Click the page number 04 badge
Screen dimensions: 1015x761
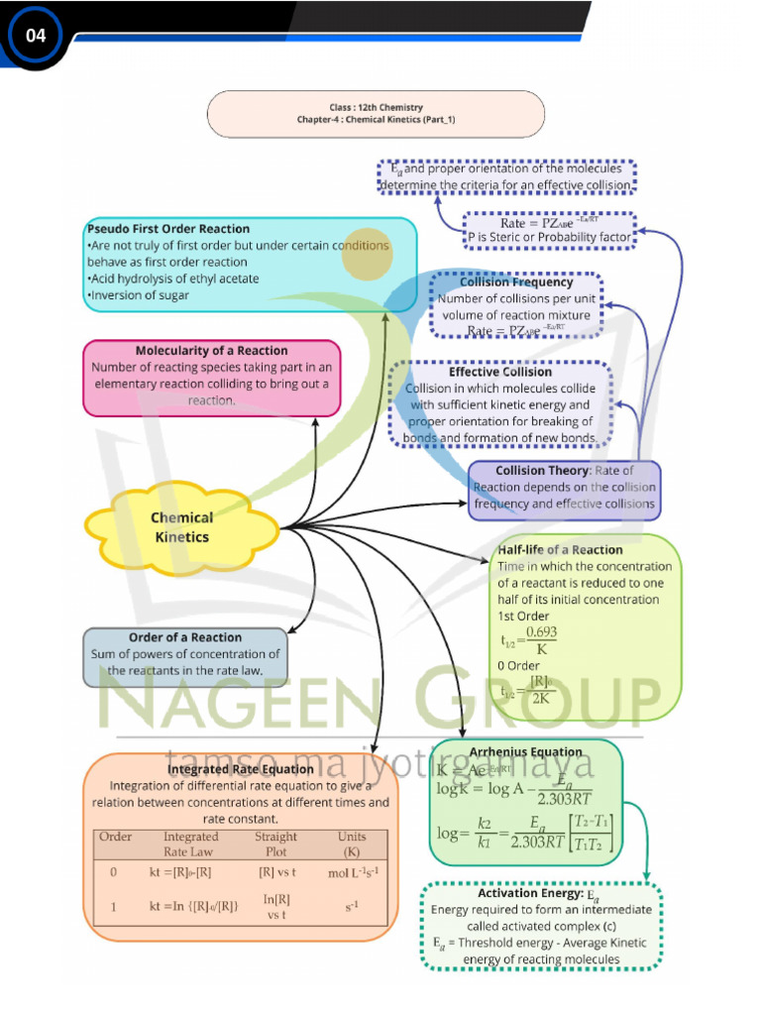coord(36,36)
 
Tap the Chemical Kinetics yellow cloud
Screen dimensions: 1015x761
coord(182,526)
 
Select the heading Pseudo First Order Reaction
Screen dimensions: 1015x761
coord(168,229)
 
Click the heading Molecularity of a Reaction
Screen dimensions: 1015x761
coord(211,350)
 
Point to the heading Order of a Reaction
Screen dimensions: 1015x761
coord(185,637)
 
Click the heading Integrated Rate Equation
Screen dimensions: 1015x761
coord(240,768)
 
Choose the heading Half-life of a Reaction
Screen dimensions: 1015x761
coord(560,549)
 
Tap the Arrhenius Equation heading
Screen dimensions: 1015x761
coord(525,751)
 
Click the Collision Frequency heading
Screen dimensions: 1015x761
coord(516,282)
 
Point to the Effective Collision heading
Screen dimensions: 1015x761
coord(500,372)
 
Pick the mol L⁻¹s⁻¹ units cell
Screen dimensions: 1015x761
coord(352,872)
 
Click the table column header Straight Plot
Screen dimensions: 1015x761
coord(275,844)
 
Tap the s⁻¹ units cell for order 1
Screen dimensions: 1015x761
coord(352,906)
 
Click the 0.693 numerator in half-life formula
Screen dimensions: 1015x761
coord(541,631)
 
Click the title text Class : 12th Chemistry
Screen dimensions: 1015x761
coord(376,107)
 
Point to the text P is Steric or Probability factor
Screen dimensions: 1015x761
coord(548,238)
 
